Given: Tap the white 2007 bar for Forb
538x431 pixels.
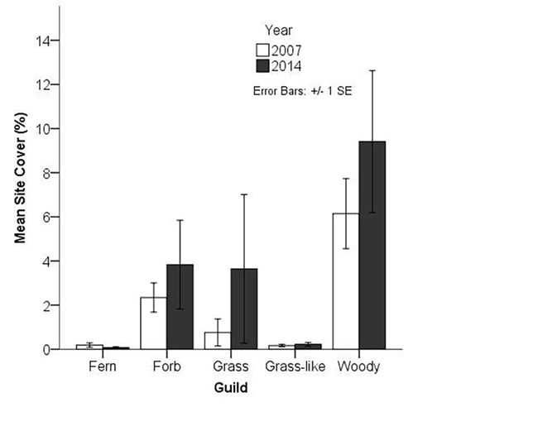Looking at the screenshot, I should (153, 323).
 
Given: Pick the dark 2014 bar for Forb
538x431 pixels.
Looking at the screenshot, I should (180, 307).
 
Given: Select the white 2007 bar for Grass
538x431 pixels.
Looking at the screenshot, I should (218, 340).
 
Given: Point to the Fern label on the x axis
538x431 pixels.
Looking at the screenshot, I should (102, 366).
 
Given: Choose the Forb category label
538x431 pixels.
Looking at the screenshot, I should (166, 366).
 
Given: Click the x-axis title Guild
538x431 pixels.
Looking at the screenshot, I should (230, 386).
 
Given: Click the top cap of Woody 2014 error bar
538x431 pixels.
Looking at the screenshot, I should (372, 70).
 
